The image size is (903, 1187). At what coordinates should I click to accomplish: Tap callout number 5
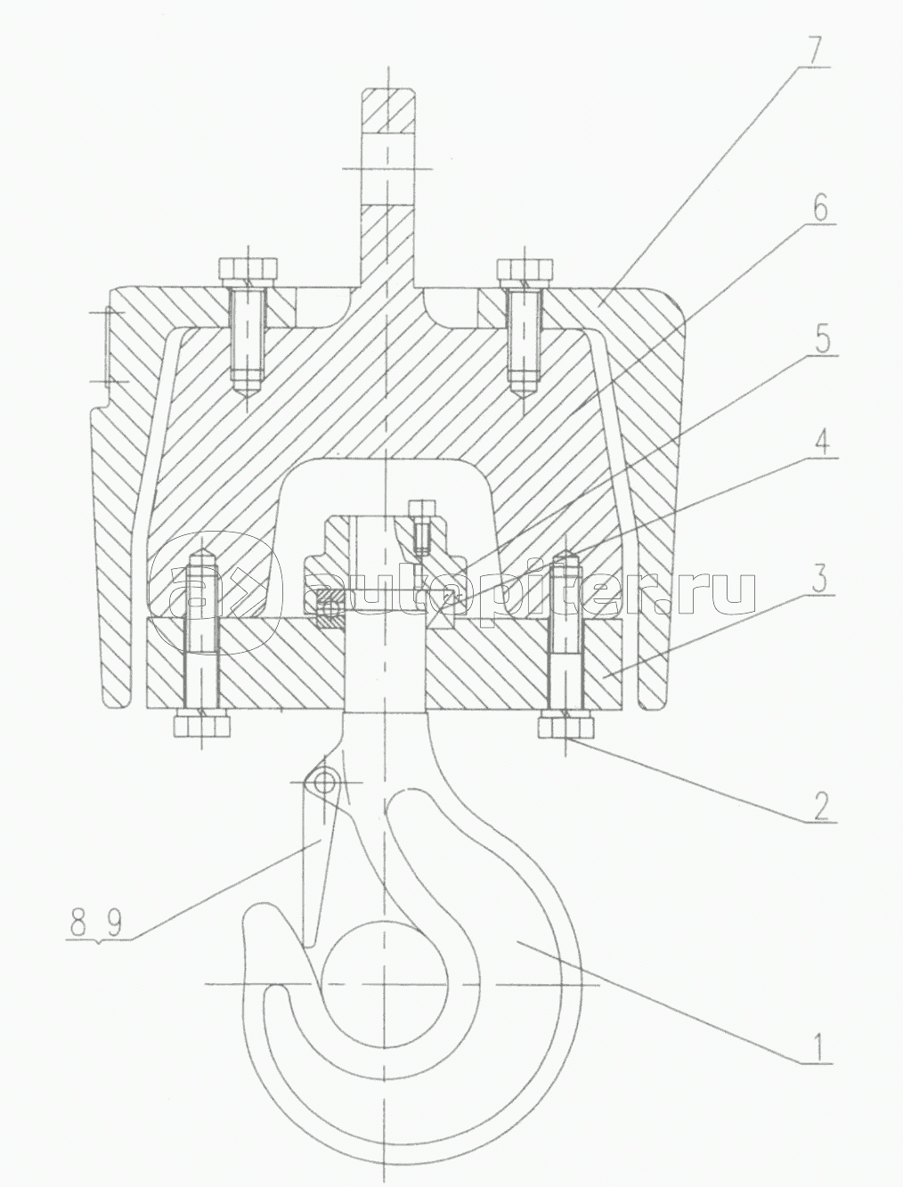[823, 336]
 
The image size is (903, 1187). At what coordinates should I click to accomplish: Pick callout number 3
[820, 578]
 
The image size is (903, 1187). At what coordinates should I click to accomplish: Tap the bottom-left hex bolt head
[202, 725]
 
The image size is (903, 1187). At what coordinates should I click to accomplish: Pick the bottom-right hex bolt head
[565, 726]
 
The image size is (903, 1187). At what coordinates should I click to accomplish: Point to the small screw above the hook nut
[419, 524]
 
